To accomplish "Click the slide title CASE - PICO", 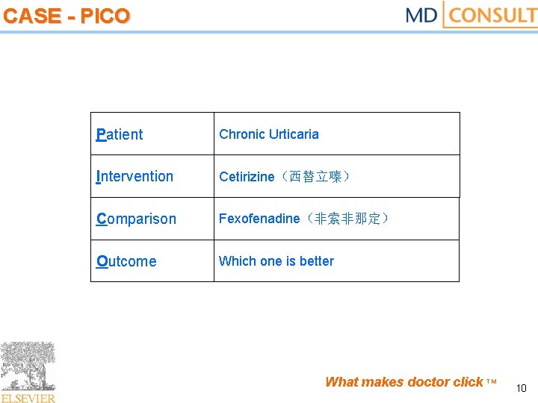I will click(67, 16).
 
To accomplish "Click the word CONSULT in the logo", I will click(494, 15).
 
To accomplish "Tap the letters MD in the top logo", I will click(421, 15).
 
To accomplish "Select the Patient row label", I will click(120, 134).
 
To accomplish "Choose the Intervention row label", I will click(134, 177).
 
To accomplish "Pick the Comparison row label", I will click(136, 219).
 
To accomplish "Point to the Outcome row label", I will click(126, 261).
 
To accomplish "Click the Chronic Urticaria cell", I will click(268, 134).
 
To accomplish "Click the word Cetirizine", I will click(247, 177).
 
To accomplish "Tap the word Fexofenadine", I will click(259, 219).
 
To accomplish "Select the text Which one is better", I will click(276, 261).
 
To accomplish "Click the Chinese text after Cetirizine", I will click(315, 177).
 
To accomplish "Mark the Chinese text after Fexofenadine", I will click(347, 219).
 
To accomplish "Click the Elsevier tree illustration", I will click(28, 366).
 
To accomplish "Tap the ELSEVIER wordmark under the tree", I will click(28, 398).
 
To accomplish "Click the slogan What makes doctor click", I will click(404, 382).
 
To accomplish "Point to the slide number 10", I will click(522, 388).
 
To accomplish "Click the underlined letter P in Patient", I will click(101, 134).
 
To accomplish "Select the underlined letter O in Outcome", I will click(102, 261).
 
